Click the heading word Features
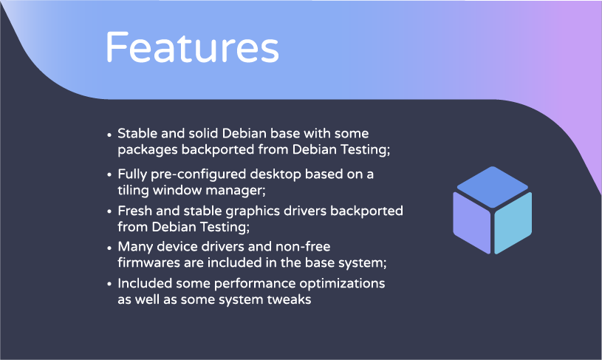click(x=192, y=47)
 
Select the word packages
click(x=148, y=150)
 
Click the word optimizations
click(x=342, y=284)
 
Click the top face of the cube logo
click(x=492, y=187)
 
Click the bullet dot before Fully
click(x=109, y=175)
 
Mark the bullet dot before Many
click(x=109, y=248)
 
